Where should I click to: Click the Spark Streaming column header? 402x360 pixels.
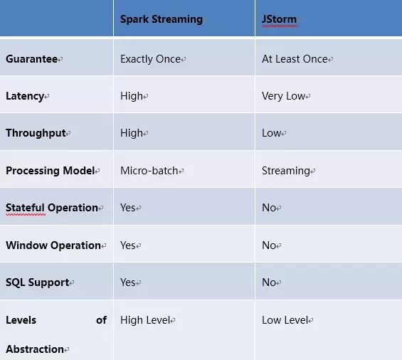click(x=162, y=19)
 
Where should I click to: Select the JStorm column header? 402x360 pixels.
click(x=279, y=19)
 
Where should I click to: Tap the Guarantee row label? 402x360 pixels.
click(x=31, y=59)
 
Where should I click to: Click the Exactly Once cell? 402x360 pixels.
click(x=151, y=59)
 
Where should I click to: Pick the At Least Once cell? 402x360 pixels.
click(x=295, y=59)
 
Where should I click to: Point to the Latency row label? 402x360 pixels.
click(x=25, y=96)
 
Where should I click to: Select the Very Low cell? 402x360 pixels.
click(x=284, y=96)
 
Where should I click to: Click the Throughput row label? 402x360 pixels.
click(x=36, y=133)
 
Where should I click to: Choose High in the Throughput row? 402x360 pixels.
click(x=132, y=133)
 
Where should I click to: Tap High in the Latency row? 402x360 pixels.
click(x=132, y=96)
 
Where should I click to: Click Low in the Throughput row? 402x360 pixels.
click(x=272, y=133)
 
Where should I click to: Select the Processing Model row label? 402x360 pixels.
click(x=51, y=171)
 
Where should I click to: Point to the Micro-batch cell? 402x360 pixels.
click(x=149, y=171)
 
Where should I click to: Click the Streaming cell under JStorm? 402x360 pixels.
click(x=286, y=171)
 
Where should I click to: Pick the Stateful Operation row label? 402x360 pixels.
click(x=52, y=208)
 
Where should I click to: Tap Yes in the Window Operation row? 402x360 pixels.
click(x=128, y=245)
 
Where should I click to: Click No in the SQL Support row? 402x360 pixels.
click(x=269, y=282)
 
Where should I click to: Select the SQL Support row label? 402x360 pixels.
click(x=38, y=282)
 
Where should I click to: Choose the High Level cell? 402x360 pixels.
click(x=145, y=320)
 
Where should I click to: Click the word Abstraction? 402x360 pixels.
click(x=35, y=349)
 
